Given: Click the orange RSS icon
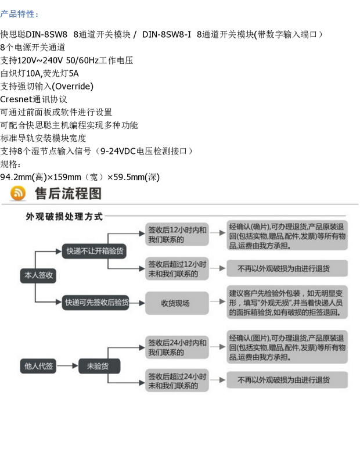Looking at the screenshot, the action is [x=18, y=193].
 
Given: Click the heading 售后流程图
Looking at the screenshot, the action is [x=68, y=193].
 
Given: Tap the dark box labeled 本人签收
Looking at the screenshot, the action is [x=38, y=275].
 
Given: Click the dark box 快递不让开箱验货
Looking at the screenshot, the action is [x=95, y=251].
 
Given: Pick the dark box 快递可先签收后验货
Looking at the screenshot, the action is [x=96, y=303].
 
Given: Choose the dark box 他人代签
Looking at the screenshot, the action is [x=38, y=366].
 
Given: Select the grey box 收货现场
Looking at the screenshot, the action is [x=177, y=303].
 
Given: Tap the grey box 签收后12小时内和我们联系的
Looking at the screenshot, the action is [x=177, y=234].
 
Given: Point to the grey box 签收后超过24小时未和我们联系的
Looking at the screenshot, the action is [x=177, y=381].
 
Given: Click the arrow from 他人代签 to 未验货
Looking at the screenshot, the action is [x=67, y=366].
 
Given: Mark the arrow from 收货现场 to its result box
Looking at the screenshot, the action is [x=218, y=301].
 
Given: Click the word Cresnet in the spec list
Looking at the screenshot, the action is [x=16, y=99].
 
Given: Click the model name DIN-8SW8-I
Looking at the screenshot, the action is [x=167, y=35].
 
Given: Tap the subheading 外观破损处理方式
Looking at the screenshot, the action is [x=64, y=217].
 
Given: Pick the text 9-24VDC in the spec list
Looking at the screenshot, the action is [x=118, y=151].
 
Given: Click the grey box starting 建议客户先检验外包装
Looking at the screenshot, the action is [x=287, y=302].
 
